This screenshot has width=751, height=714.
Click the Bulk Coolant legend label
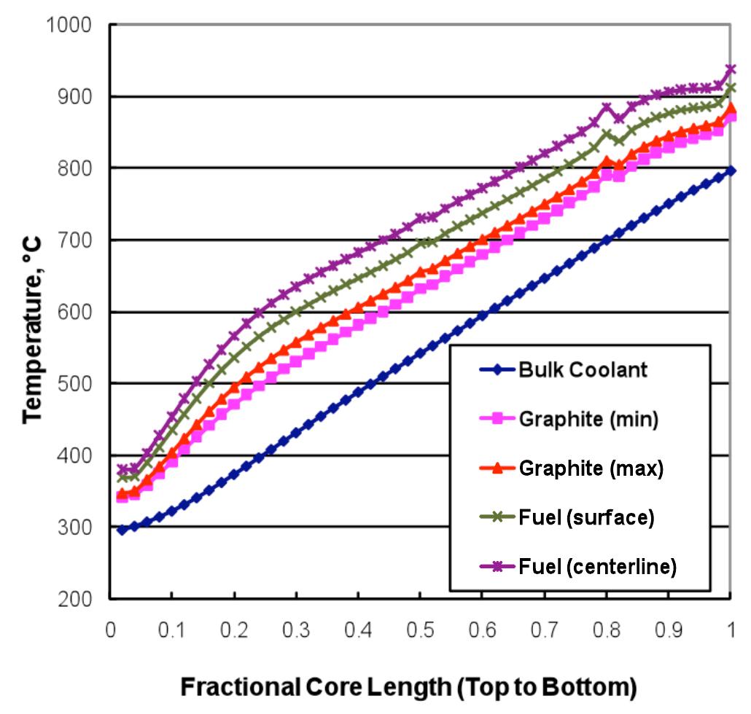(x=583, y=369)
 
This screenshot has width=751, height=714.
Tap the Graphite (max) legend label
(x=591, y=468)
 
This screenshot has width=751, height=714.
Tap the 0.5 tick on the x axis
(x=419, y=627)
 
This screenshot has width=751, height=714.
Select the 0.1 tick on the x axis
(x=171, y=627)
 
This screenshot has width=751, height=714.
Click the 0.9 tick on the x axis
(x=667, y=627)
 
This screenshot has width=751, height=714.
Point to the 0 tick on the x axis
(x=109, y=627)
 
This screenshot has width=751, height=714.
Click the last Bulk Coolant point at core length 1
(x=731, y=170)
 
